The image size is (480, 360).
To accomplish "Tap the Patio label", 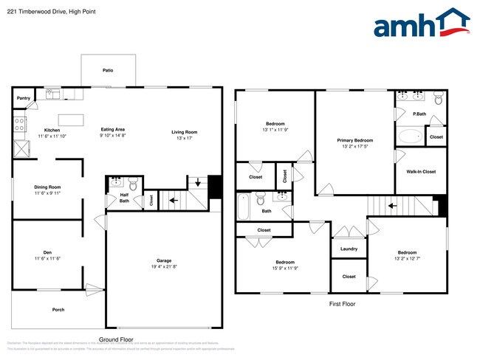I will (108, 71).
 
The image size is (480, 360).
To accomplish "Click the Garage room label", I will (164, 260).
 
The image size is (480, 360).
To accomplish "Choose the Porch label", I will (58, 309).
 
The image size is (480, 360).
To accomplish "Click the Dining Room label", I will (47, 187).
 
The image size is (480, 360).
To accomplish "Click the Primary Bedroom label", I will (354, 140).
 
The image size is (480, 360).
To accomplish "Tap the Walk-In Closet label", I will (421, 172).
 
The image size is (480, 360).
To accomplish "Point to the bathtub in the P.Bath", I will (410, 136).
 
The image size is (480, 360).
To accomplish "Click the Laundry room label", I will (349, 249).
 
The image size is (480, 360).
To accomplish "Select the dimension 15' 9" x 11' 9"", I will (286, 269).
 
